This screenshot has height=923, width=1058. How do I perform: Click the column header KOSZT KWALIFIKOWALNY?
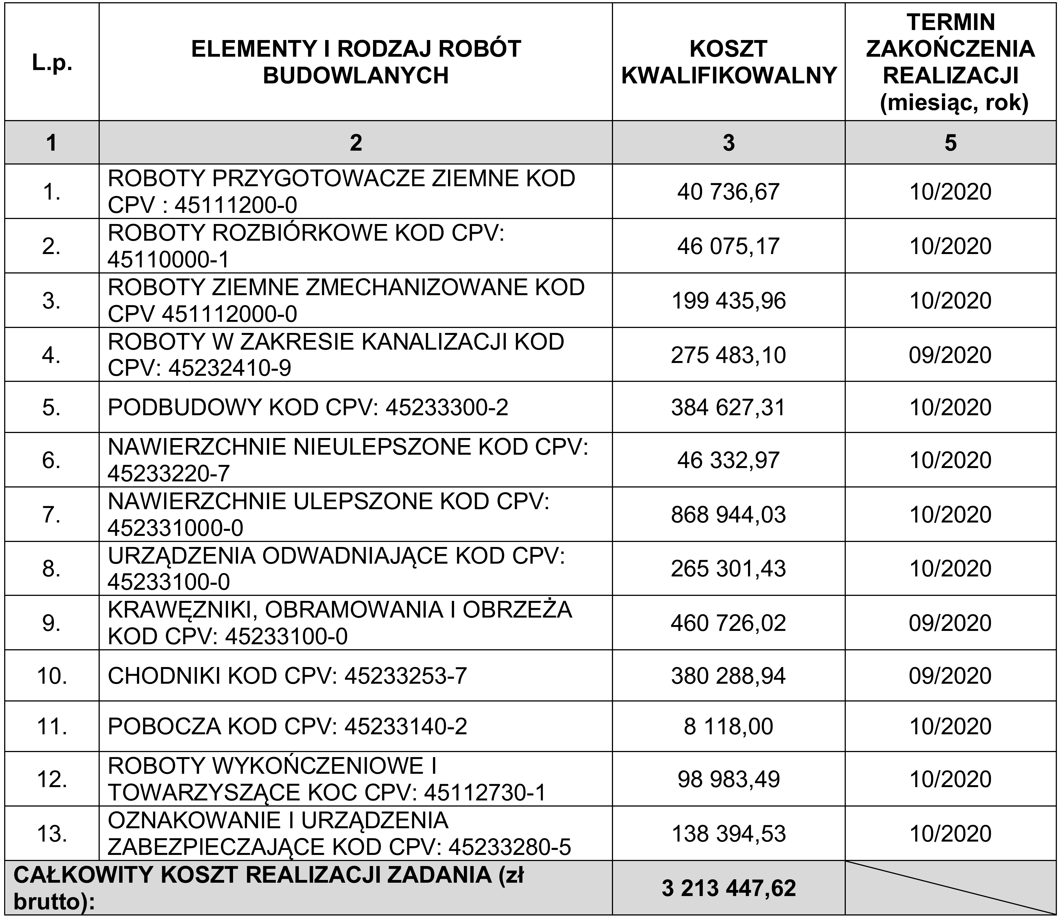[x=729, y=62]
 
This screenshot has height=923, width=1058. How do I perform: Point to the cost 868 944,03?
[x=729, y=514]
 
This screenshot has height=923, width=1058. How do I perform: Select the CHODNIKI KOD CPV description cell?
[x=287, y=676]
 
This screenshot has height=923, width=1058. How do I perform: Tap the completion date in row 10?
[x=950, y=676]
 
